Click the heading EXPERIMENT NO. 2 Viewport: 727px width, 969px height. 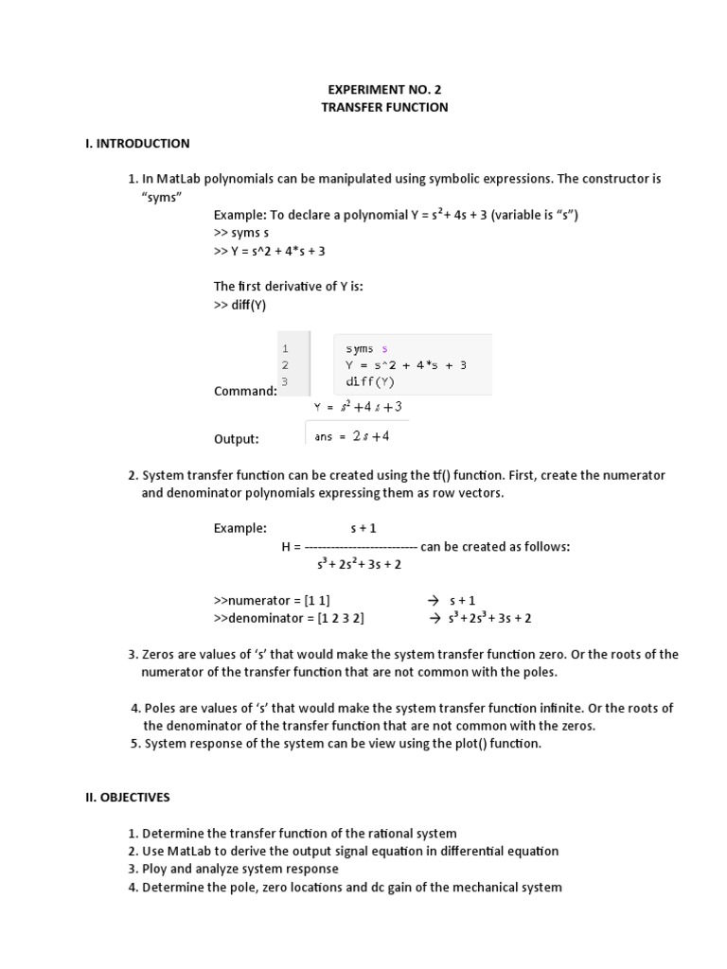[x=384, y=90]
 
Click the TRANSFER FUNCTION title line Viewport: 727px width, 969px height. [x=384, y=108]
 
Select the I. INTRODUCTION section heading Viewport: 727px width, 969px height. [x=137, y=144]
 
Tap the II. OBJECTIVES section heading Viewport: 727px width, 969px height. [x=128, y=798]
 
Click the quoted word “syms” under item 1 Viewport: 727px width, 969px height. [x=161, y=197]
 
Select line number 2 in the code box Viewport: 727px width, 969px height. [x=285, y=365]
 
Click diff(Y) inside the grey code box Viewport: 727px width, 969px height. [x=369, y=382]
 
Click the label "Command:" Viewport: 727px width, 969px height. [x=245, y=391]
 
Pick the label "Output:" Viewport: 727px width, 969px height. [x=237, y=439]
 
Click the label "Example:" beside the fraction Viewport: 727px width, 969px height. [x=240, y=529]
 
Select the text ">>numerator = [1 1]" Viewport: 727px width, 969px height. [x=272, y=600]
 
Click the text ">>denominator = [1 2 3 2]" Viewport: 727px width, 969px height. [x=290, y=618]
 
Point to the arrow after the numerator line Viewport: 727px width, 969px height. [x=434, y=600]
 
